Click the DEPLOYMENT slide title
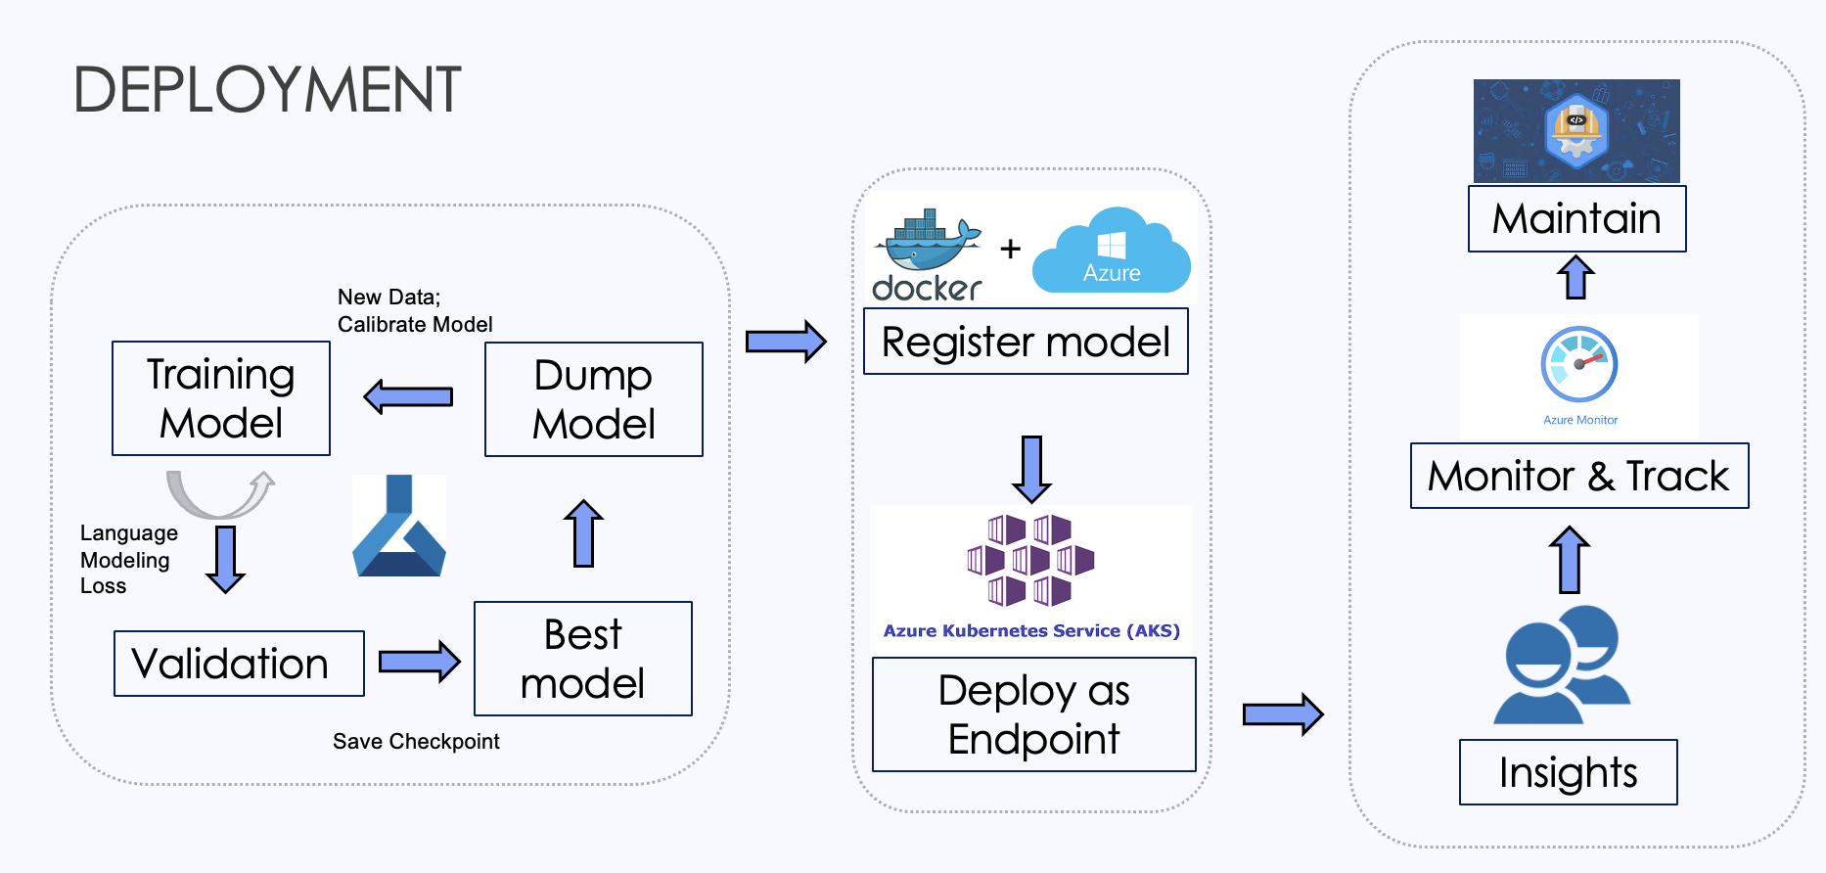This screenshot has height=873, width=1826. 267,90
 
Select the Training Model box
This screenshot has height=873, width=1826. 221,398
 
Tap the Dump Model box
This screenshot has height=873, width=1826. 594,399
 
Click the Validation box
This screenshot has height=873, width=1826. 239,664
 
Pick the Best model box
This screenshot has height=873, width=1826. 583,659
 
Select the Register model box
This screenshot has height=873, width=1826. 1026,342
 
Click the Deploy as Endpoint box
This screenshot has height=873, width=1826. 1033,714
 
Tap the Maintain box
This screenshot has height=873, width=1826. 1576,218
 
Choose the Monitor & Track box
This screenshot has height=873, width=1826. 1578,476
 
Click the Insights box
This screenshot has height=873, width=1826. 1568,772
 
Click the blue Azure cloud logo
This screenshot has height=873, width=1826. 1112,252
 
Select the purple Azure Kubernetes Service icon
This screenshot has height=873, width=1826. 1030,560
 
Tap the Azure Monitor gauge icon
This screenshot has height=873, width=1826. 1578,365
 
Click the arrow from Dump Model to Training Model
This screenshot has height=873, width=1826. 408,396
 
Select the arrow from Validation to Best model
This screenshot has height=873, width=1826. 419,662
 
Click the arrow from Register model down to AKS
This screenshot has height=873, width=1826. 1031,468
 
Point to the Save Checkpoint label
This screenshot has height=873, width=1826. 416,741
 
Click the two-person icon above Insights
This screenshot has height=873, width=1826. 1562,666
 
